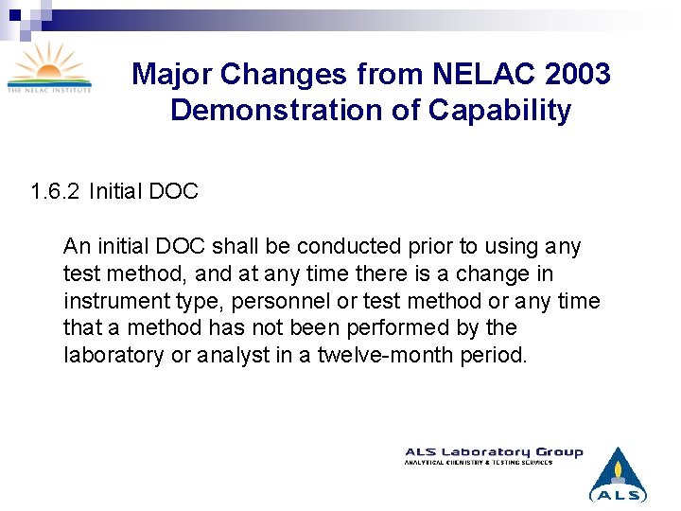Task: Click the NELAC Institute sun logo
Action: (x=49, y=66)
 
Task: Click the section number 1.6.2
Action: (x=56, y=192)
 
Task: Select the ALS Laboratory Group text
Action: (x=494, y=452)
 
